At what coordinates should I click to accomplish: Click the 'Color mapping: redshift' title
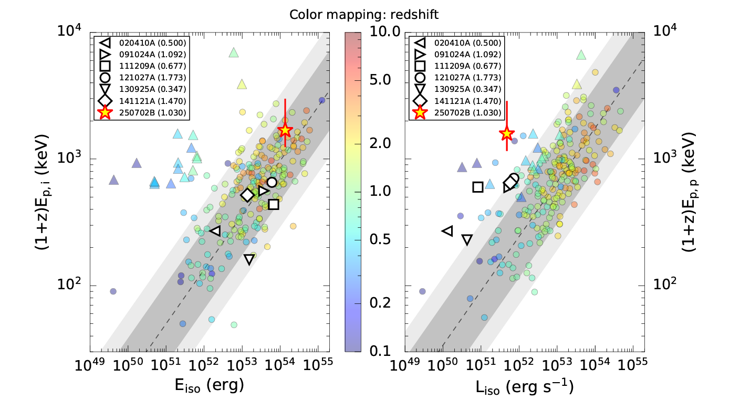click(364, 15)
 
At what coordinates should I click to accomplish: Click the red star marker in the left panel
click(285, 130)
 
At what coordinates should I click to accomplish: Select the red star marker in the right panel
click(506, 133)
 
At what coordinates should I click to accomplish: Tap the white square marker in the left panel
click(273, 204)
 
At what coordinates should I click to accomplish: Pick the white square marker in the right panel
click(477, 187)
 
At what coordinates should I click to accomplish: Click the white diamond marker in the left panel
click(247, 195)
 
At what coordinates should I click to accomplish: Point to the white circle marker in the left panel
click(272, 182)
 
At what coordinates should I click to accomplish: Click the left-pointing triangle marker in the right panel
click(447, 230)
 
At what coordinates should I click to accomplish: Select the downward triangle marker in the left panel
click(249, 259)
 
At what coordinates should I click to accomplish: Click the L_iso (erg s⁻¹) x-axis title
click(525, 387)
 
